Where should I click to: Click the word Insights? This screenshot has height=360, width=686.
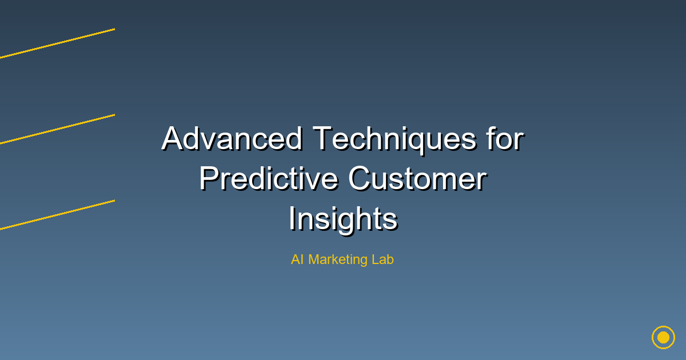pos(342,219)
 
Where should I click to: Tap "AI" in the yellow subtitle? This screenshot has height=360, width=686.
pos(297,259)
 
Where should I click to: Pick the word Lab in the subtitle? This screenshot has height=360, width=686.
pos(383,259)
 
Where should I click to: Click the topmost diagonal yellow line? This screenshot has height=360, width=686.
pos(57,43)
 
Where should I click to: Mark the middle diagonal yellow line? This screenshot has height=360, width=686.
pos(57,129)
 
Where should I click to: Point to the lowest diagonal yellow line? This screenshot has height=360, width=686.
pos(57,215)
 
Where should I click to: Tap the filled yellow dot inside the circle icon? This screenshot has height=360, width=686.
pos(663,337)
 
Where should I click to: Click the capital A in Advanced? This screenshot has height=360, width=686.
pos(172,139)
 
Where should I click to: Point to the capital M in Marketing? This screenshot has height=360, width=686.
pos(314,259)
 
